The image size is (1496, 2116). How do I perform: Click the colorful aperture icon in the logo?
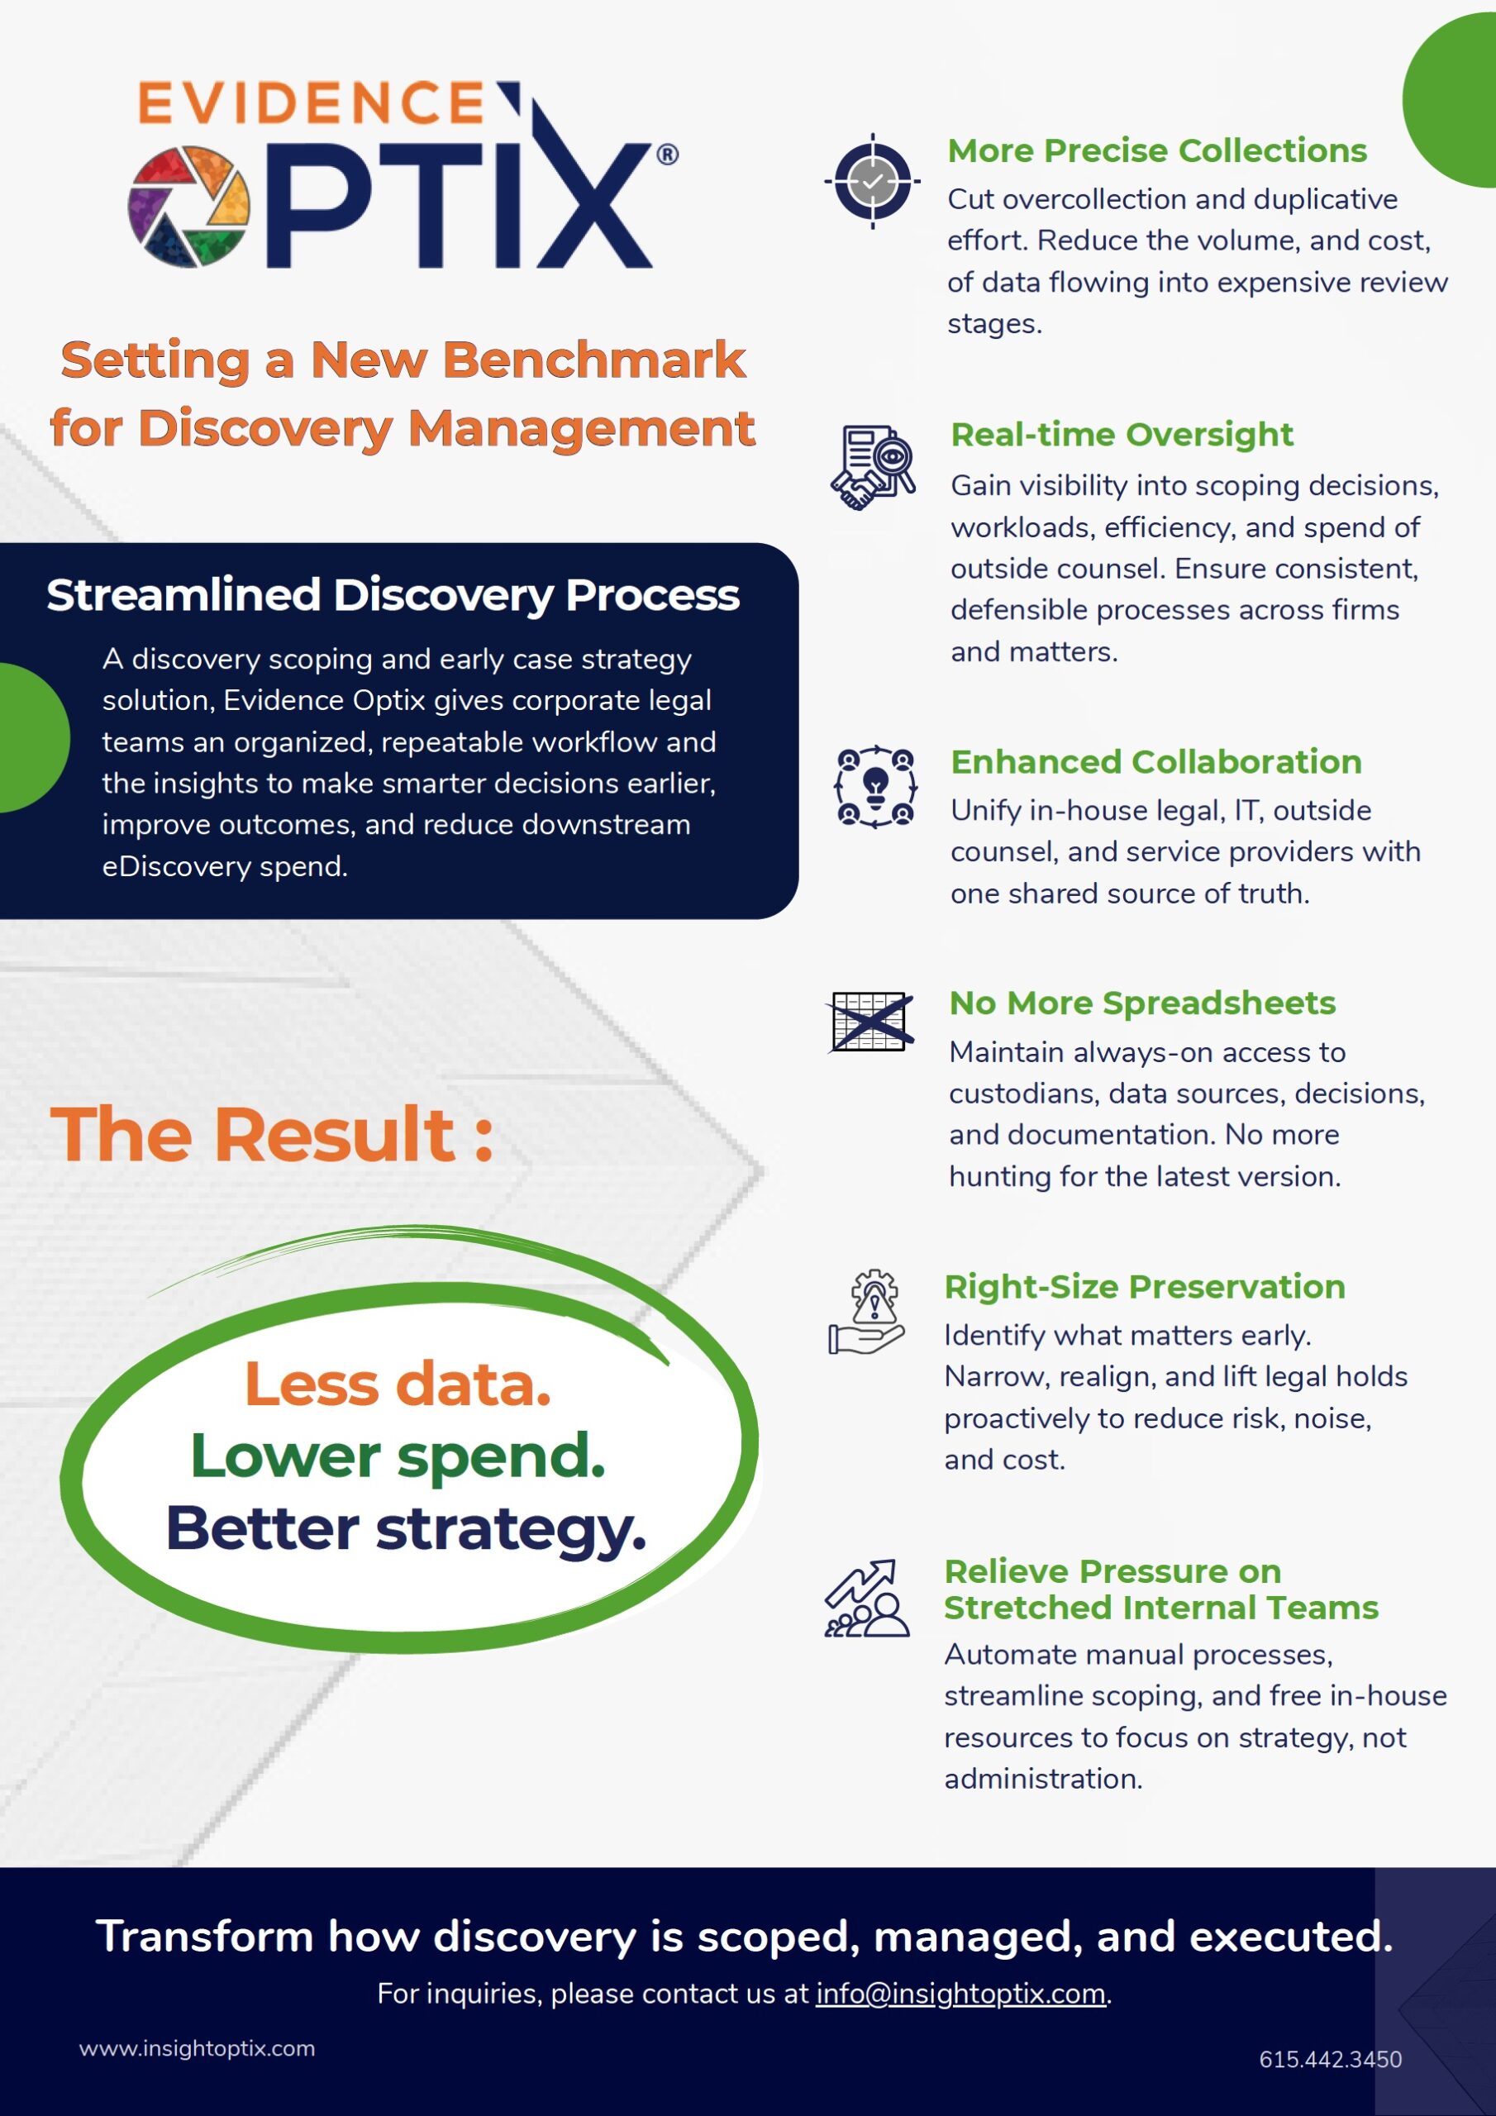click(x=189, y=207)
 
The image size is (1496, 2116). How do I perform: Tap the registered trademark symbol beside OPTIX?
click(x=667, y=154)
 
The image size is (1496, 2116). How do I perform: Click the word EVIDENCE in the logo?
click(x=312, y=102)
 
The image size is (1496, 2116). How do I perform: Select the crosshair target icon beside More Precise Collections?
click(x=872, y=181)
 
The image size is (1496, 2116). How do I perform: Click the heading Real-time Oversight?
click(x=1122, y=434)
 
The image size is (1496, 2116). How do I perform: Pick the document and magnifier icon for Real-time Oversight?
click(x=873, y=467)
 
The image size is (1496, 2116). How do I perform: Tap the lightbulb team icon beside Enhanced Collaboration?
click(x=874, y=786)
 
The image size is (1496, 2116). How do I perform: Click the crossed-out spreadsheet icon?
click(x=871, y=1021)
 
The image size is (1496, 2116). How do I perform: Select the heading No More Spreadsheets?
click(x=1142, y=1003)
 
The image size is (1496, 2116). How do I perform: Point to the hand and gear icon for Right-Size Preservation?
click(x=865, y=1313)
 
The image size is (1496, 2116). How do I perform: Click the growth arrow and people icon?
click(x=866, y=1598)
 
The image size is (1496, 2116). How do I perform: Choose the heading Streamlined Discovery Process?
click(x=393, y=595)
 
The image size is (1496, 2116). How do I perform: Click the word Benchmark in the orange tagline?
click(x=594, y=360)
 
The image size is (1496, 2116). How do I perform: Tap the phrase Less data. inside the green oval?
click(x=398, y=1384)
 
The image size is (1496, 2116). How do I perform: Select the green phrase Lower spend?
click(x=398, y=1457)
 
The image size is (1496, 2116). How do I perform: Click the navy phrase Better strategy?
click(x=406, y=1529)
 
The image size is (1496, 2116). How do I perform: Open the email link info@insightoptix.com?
click(x=960, y=1994)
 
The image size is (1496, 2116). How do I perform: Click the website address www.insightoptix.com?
click(x=198, y=2049)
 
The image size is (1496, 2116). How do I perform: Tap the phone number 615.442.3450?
click(x=1330, y=2060)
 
